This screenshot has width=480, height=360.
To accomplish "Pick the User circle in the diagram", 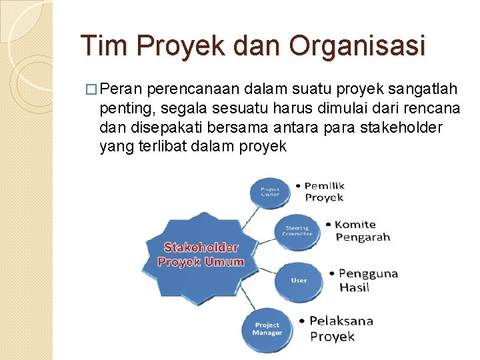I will click(299, 280).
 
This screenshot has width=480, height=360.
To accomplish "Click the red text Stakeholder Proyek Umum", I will click(201, 255).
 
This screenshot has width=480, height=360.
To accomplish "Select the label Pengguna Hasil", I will click(367, 280).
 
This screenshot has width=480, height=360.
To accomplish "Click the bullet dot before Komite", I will click(328, 225).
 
